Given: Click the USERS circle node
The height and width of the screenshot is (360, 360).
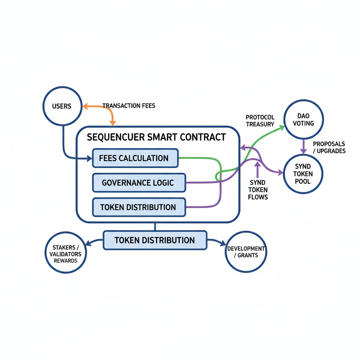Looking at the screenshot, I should click(62, 106).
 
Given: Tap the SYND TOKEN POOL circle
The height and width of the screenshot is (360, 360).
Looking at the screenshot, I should click(303, 174).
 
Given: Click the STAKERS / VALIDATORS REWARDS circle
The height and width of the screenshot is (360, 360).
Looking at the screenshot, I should click(66, 254).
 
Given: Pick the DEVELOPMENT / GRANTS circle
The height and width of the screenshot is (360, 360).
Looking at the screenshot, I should click(246, 252).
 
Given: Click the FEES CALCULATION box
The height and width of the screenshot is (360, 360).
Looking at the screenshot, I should click(135, 158).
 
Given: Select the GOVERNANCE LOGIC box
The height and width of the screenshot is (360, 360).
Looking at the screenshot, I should click(139, 183).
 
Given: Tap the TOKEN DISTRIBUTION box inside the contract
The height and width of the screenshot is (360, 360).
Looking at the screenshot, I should click(139, 207).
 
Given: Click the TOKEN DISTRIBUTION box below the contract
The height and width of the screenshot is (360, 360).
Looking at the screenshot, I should click(155, 240).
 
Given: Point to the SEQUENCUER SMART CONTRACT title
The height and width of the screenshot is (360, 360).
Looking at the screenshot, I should click(156, 137).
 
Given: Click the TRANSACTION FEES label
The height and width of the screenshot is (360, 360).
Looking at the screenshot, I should click(129, 105).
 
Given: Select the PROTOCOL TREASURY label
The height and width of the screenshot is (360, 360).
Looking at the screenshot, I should click(260, 121).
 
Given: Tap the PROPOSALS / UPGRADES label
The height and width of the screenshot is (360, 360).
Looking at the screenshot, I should click(329, 147).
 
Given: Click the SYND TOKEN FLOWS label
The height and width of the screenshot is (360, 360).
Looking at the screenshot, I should click(258, 189).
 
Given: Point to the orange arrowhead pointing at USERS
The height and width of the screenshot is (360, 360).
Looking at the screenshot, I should click(85, 105).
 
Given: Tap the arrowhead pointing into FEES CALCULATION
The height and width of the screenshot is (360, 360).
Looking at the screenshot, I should click(89, 159).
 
